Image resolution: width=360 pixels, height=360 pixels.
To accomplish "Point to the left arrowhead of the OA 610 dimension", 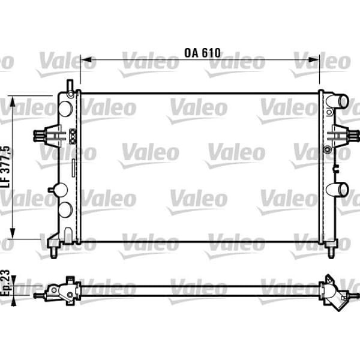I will (x=84, y=60).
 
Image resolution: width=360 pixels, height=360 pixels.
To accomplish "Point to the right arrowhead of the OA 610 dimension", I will (x=316, y=60).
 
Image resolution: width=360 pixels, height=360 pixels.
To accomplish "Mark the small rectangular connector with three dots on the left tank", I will (x=72, y=136).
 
